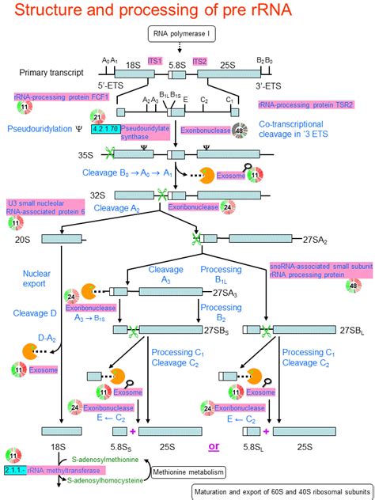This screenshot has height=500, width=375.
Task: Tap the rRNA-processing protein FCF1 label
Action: point(52,96)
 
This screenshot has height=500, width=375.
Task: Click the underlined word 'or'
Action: point(214,446)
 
